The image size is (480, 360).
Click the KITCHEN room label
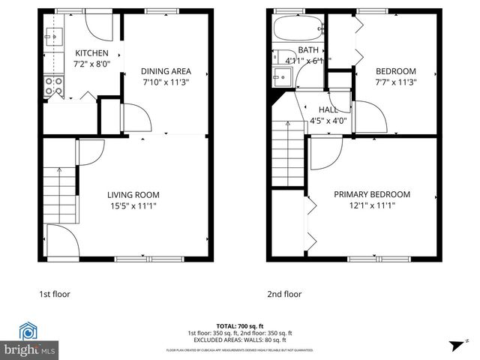point(92,53)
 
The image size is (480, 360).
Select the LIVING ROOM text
point(132,194)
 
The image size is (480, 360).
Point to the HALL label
point(328,109)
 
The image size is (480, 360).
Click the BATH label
point(308,49)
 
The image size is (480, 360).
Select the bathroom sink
point(282,76)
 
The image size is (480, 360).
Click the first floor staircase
point(59,193)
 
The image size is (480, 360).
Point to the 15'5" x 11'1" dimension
point(132,205)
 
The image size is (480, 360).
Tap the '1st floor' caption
point(55,294)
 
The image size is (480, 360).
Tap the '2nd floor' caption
point(284,294)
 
